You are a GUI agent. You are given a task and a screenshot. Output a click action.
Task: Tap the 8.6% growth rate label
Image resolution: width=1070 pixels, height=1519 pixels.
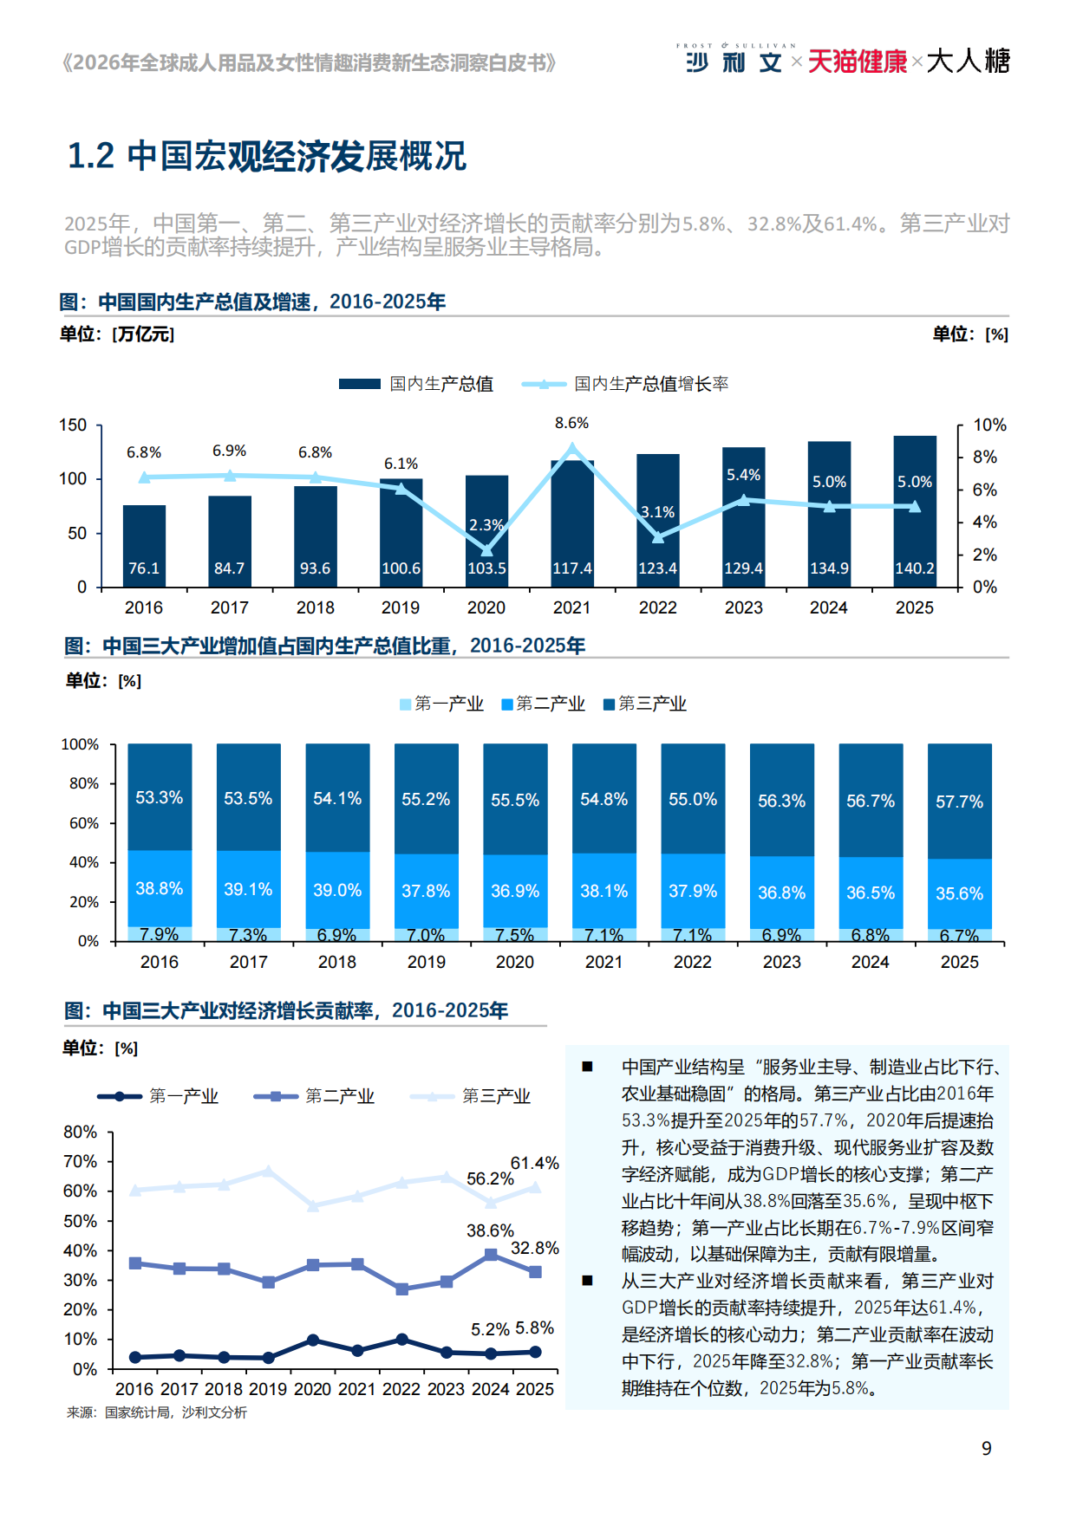point(571,423)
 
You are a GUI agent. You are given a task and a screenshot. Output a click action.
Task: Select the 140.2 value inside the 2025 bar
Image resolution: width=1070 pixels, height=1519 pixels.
point(915,568)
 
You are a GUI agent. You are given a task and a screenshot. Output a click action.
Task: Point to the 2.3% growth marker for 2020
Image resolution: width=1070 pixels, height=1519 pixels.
point(486,550)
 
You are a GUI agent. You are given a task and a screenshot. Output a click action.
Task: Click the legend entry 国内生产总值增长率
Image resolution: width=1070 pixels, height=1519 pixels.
point(650,384)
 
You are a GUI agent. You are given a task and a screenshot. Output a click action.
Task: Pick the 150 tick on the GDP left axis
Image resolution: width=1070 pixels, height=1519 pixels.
point(73,425)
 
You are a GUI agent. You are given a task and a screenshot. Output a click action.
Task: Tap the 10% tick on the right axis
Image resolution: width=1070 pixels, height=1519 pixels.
point(989,425)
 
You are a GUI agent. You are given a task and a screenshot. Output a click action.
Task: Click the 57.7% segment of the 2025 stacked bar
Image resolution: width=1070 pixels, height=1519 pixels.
point(959,802)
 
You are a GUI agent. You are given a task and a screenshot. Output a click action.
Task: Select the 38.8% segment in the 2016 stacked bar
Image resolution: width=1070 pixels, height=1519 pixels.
point(160,888)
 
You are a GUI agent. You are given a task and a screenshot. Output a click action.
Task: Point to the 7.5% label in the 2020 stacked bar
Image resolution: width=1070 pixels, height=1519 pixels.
point(515,935)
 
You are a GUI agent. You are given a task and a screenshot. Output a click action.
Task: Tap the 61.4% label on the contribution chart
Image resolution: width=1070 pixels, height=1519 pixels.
point(534,1163)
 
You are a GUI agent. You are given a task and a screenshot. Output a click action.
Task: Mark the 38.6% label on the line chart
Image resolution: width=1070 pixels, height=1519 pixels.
point(490,1230)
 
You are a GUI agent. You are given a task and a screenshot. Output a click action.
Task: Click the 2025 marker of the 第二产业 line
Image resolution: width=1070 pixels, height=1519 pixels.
point(535,1272)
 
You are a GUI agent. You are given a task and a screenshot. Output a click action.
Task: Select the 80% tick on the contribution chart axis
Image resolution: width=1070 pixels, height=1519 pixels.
point(80,1132)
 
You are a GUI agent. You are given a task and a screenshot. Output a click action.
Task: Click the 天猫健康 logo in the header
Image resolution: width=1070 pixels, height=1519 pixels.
point(857,62)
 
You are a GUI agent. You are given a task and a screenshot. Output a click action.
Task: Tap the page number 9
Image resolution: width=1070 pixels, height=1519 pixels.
point(986,1448)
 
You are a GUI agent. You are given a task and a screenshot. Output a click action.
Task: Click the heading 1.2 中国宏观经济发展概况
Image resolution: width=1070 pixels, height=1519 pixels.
point(267,156)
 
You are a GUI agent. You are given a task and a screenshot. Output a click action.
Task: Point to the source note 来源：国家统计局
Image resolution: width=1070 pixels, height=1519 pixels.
point(157,1412)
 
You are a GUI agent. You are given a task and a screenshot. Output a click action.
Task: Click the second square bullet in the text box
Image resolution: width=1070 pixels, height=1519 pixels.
point(588,1281)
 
